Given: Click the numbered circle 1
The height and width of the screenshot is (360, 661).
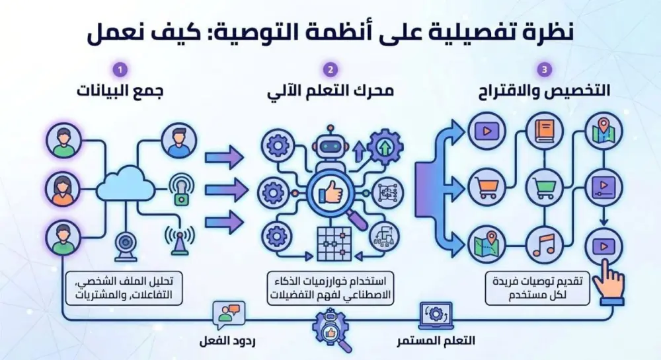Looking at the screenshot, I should [120, 69].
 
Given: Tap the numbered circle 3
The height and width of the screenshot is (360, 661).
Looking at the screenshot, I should [543, 69].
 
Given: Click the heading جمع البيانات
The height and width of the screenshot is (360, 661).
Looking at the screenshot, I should [120, 92].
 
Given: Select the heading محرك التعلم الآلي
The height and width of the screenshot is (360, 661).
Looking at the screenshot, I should [330, 92].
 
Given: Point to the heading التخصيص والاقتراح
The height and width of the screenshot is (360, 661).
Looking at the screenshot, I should [543, 92].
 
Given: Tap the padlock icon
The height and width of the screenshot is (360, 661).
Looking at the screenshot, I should [180, 190].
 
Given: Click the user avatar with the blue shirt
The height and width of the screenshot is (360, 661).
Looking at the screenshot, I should [179, 141].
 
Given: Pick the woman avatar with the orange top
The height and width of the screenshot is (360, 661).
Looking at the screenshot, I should [64, 190].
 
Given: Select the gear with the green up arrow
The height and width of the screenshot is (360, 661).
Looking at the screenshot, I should [385, 146].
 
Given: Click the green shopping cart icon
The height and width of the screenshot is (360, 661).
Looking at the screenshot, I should [545, 188].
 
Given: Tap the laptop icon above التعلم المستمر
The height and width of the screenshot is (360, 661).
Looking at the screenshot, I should [436, 315].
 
